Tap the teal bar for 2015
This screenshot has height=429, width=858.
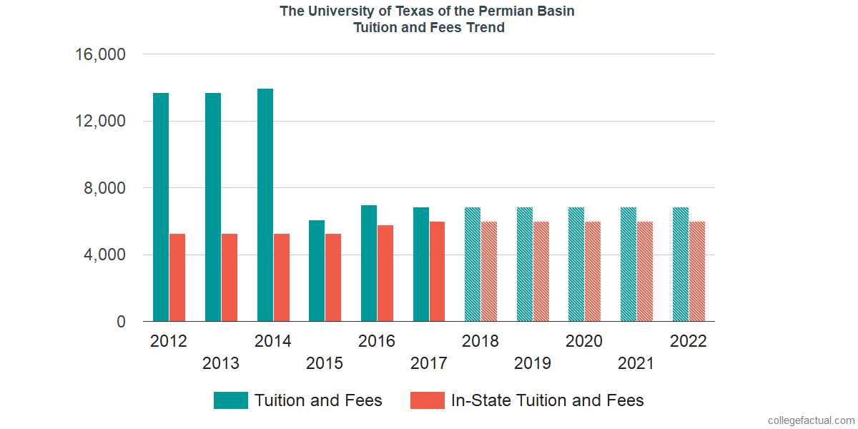click(317, 271)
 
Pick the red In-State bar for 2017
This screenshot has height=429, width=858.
click(437, 272)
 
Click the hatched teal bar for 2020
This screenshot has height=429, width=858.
click(576, 265)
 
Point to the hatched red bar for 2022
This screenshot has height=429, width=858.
click(697, 272)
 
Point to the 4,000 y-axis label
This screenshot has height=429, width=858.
click(105, 255)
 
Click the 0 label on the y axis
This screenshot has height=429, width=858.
click(122, 322)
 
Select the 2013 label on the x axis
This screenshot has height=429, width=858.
click(221, 363)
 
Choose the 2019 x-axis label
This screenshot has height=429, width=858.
click(533, 363)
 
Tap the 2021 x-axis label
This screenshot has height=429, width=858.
click(636, 363)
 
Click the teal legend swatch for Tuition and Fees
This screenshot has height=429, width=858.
click(231, 400)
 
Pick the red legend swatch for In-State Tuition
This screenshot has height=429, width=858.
click(428, 400)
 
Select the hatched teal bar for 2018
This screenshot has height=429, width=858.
click(473, 265)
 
